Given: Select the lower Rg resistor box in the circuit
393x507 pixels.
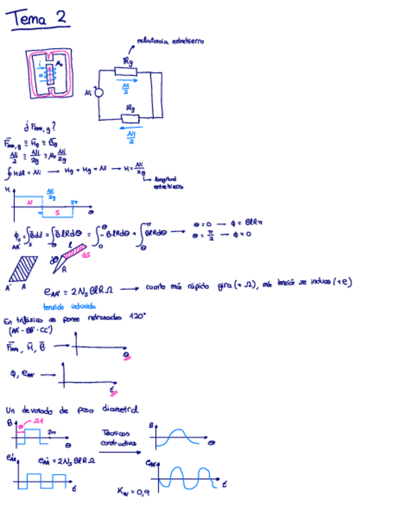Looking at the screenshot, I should pyautogui.click(x=129, y=118).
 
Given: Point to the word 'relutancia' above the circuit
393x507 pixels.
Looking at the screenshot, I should pyautogui.click(x=150, y=41).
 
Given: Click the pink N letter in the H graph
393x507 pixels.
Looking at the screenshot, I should pyautogui.click(x=29, y=203).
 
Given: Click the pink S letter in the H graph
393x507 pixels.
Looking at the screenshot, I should pyautogui.click(x=57, y=212).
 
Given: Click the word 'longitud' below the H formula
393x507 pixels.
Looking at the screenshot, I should pyautogui.click(x=164, y=179).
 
